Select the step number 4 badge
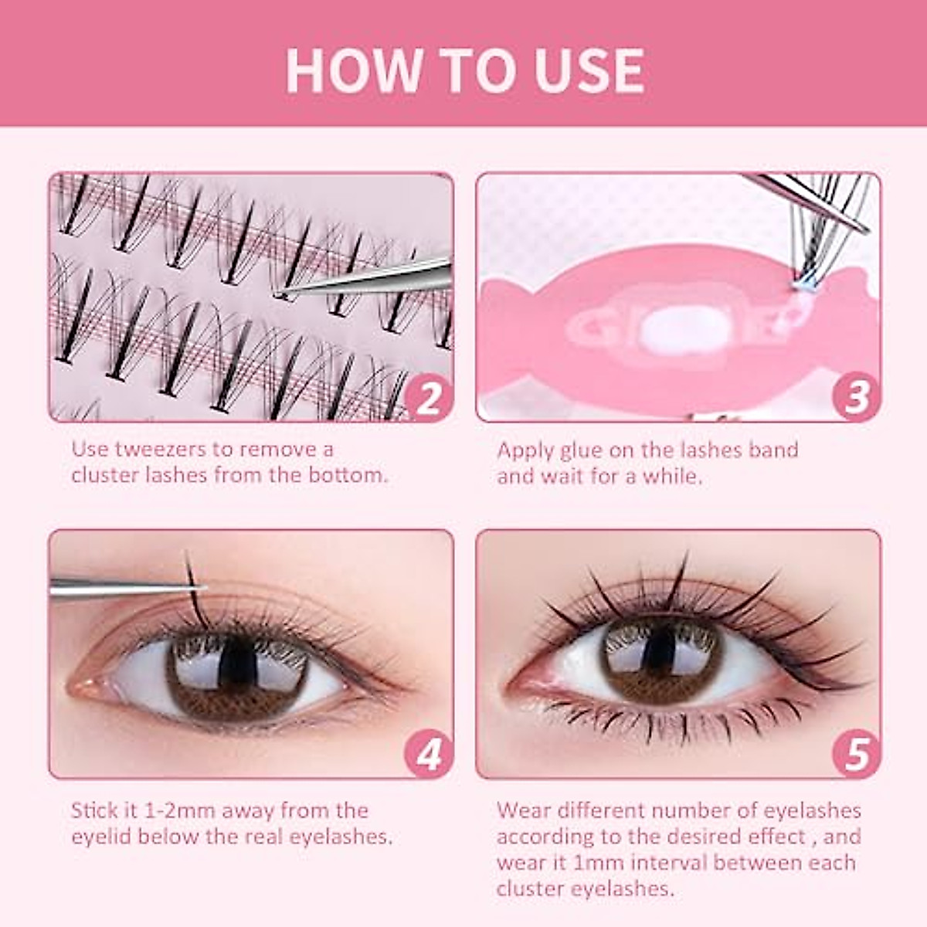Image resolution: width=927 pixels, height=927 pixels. click(x=429, y=754)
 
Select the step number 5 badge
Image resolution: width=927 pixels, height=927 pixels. click(x=856, y=754)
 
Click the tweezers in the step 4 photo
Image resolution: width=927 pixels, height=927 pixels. click(x=116, y=588)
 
